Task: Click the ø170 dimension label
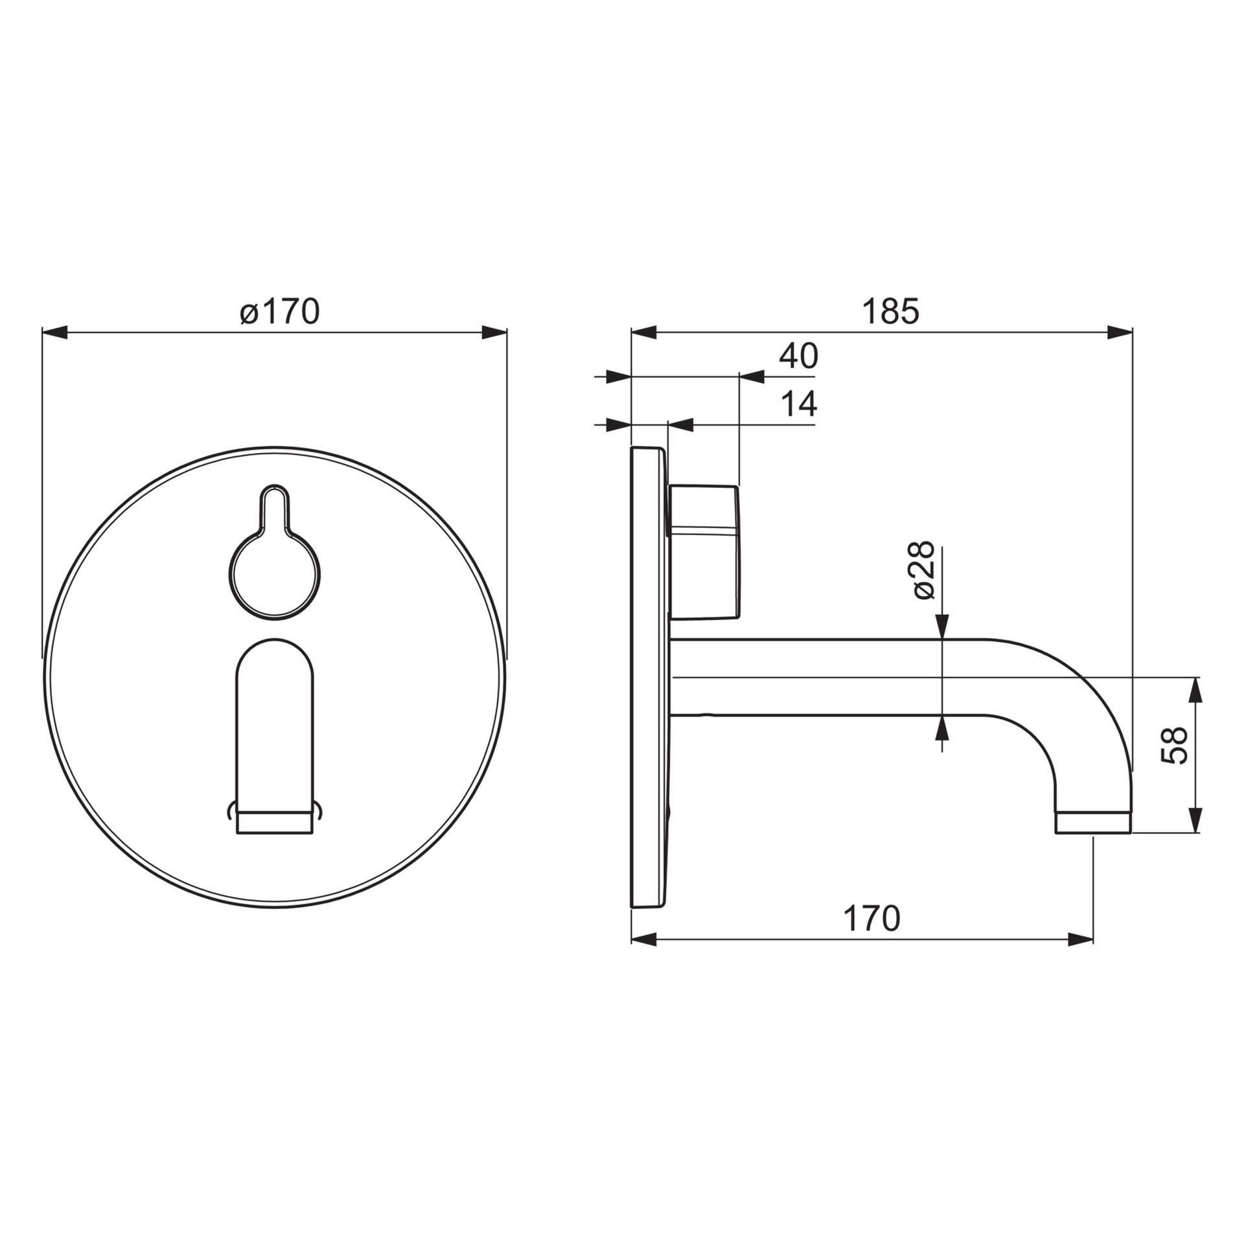point(280,312)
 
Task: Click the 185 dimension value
point(890,312)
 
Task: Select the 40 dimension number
point(798,356)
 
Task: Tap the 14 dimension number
point(798,405)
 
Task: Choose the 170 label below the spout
point(871,919)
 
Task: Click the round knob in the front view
point(275,575)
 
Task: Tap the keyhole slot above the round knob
point(275,507)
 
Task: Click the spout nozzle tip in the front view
point(275,824)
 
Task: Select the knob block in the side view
point(704,552)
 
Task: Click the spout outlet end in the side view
point(1093,823)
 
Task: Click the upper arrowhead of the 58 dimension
point(1196,690)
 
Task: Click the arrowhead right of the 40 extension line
point(752,376)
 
